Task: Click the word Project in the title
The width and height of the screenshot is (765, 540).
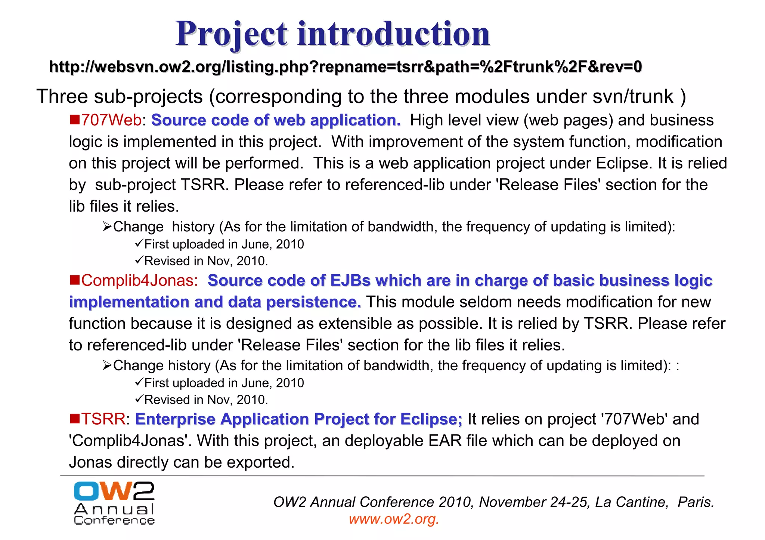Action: (232, 34)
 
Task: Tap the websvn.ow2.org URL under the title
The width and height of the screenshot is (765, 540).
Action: (345, 67)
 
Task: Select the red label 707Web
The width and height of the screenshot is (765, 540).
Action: (111, 120)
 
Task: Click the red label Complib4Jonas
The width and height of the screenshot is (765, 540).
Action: (139, 280)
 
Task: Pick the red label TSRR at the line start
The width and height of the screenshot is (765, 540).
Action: (103, 419)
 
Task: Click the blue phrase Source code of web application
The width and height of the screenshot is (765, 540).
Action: (276, 120)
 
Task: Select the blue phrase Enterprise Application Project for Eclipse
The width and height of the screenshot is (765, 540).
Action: (298, 419)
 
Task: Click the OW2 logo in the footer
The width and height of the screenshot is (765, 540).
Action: (114, 491)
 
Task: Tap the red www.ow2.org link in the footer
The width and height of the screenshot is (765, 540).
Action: (394, 519)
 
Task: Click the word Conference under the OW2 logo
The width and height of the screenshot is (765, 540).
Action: (114, 521)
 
